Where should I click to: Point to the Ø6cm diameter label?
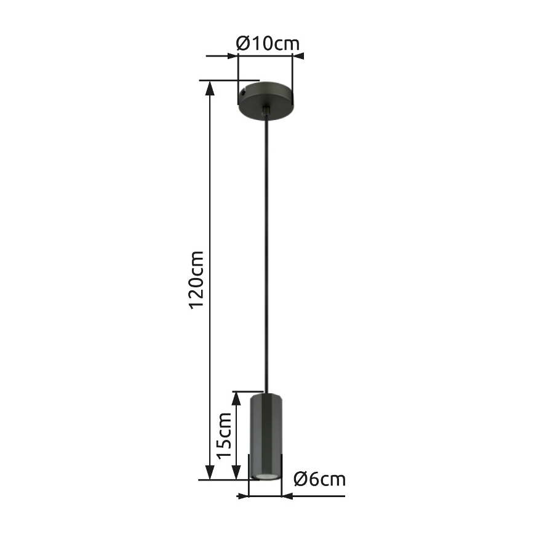pos(319,479)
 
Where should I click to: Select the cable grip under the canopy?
pos(266,111)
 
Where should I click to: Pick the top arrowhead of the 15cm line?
pos(236,398)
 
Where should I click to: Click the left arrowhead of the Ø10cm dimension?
pos(231,57)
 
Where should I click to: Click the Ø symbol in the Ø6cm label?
pos(300,479)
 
